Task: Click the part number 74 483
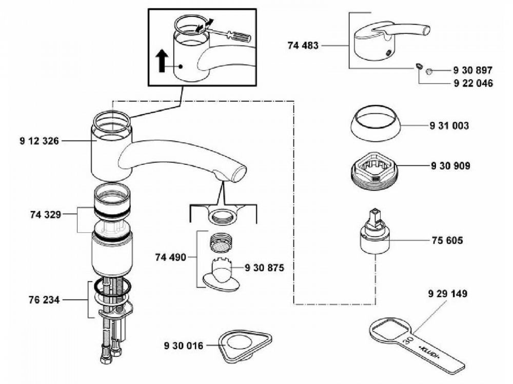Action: pos(303,46)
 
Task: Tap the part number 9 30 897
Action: pos(472,70)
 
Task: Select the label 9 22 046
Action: pos(472,83)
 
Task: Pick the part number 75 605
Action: pos(445,240)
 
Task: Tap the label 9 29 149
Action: pos(447,294)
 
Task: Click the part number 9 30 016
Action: pos(184,346)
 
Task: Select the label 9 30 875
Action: pos(265,267)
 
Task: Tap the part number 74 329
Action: pos(45,215)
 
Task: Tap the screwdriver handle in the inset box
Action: pos(241,37)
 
